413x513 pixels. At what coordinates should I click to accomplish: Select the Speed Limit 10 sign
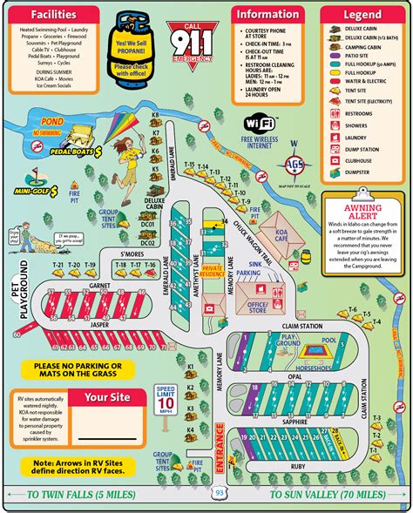[x=166, y=399]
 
